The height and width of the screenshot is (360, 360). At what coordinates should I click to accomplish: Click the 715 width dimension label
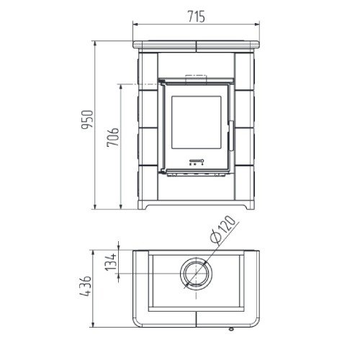[197, 17]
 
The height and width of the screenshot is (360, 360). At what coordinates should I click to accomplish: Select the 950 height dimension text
[87, 120]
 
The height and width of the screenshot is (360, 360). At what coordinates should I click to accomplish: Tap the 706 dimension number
[113, 137]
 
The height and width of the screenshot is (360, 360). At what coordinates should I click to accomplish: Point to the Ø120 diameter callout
[222, 229]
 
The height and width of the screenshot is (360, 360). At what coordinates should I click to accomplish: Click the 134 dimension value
[111, 262]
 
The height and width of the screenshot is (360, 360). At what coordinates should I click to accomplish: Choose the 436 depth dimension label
[86, 286]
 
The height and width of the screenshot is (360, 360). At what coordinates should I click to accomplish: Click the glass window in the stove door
[197, 122]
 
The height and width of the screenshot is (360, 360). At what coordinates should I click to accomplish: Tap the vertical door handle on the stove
[231, 135]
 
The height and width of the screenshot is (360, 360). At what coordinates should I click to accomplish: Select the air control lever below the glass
[197, 161]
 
